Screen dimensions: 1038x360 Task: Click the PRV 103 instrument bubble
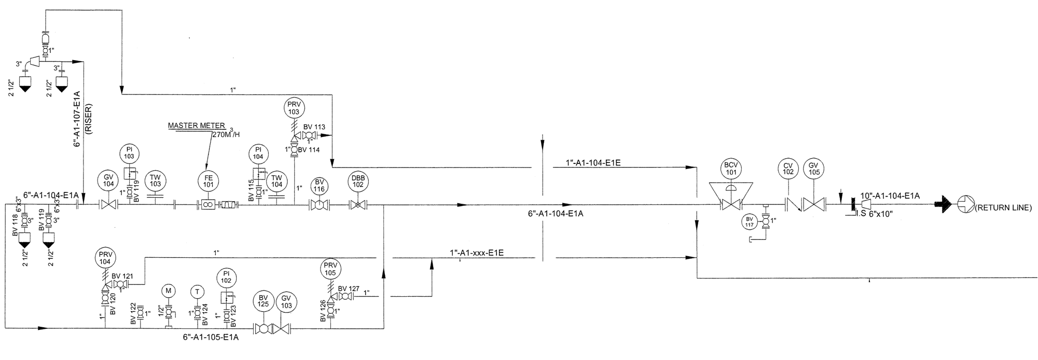coord(294,108)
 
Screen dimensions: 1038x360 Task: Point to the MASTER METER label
coord(197,126)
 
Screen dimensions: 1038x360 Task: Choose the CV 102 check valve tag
coord(788,169)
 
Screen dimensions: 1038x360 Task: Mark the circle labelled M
coord(168,290)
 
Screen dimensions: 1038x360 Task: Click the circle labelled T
coord(197,290)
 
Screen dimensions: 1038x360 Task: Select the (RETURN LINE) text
coord(1003,208)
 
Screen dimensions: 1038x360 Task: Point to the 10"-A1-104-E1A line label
coord(890,196)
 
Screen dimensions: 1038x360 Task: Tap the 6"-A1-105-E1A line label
coord(211,337)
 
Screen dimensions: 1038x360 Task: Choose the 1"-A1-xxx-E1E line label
coord(476,253)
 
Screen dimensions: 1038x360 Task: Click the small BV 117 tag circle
coord(749,221)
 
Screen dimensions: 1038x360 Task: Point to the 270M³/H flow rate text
coord(226,133)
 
